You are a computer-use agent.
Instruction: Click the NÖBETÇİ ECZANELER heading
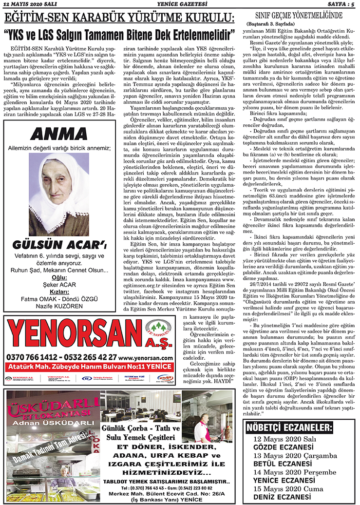[x=289, y=428]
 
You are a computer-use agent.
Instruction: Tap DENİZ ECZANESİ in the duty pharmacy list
[x=283, y=497]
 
